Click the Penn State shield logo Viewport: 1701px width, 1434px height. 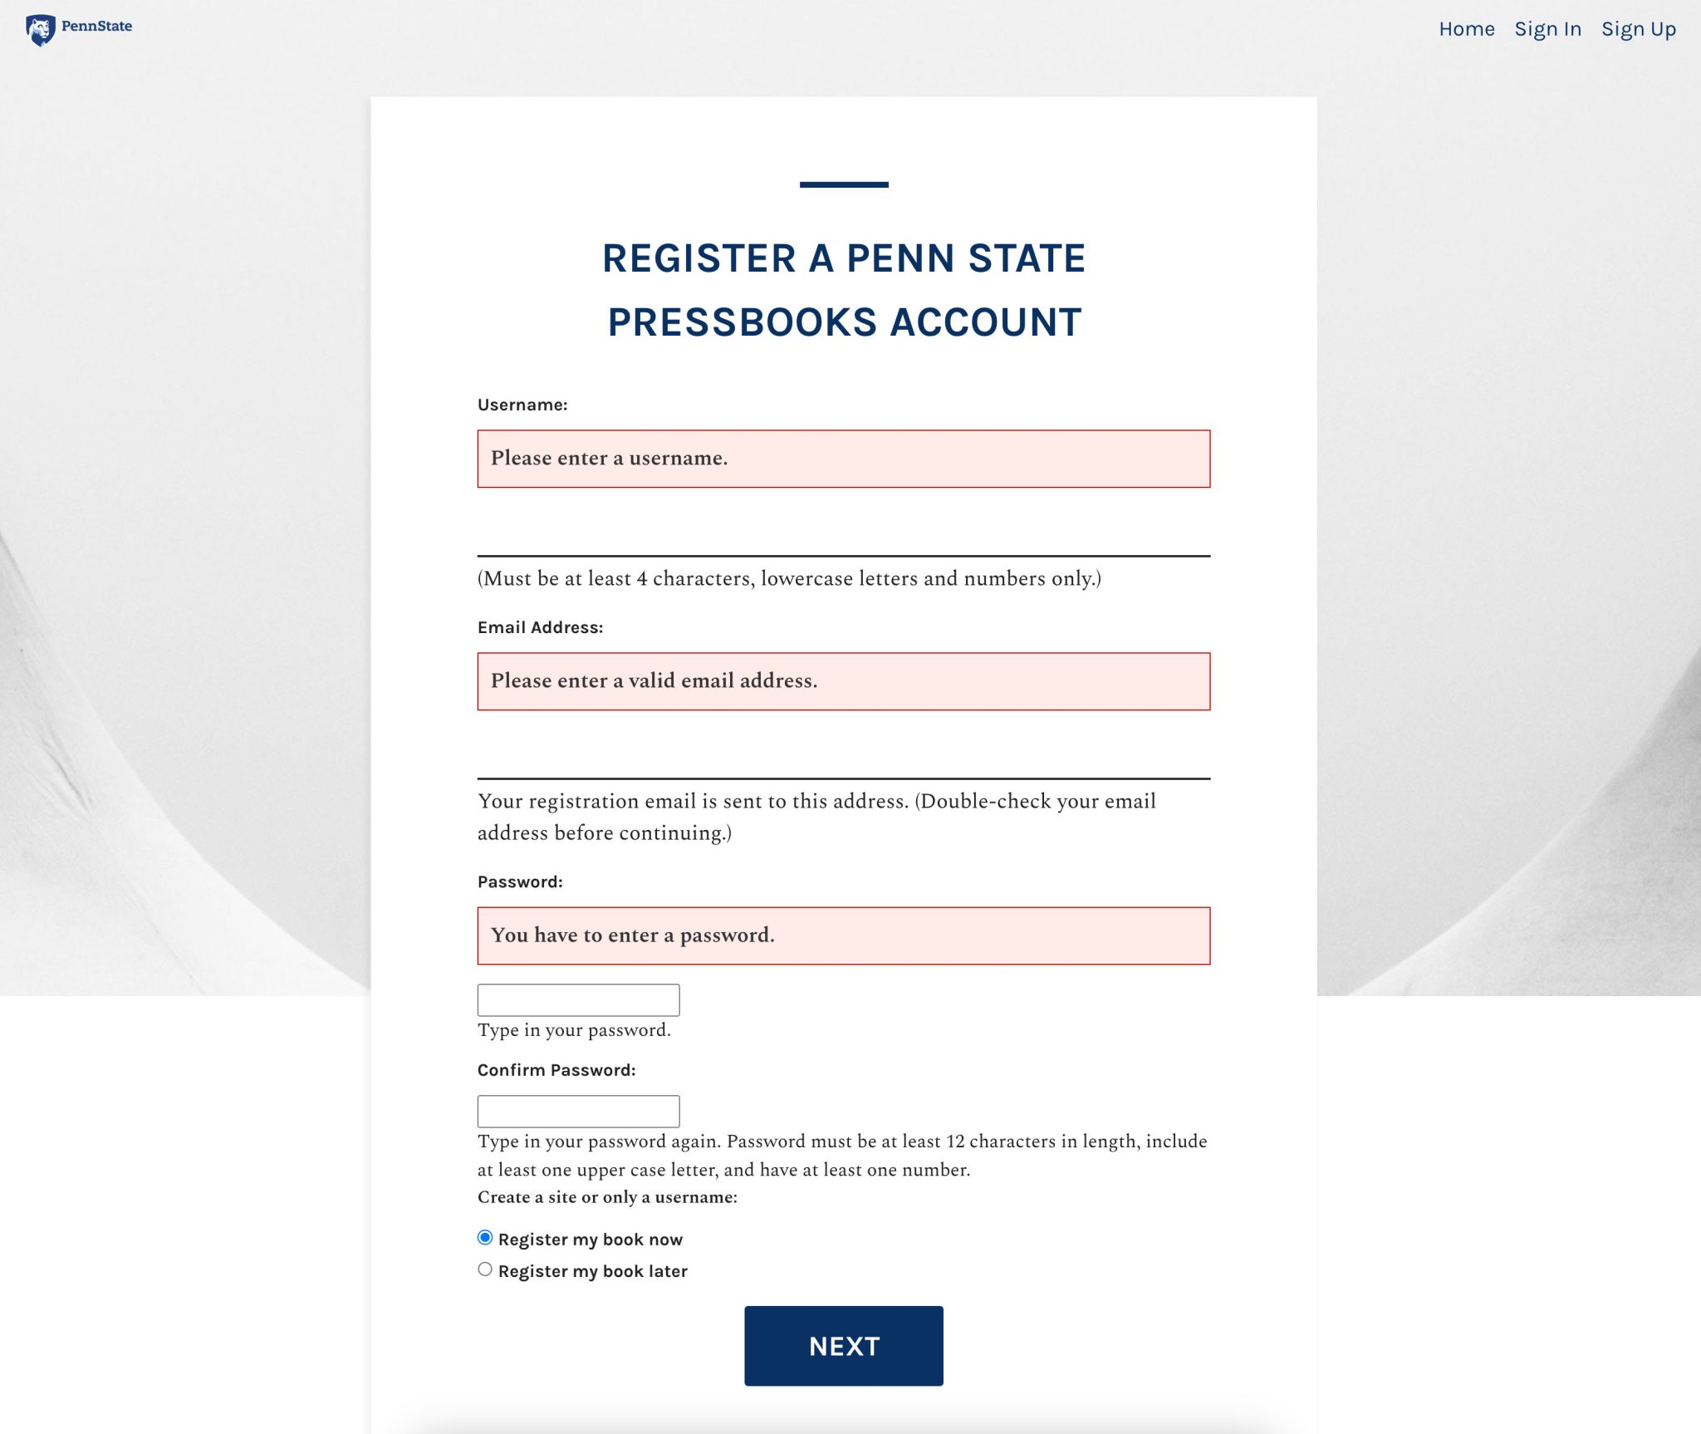pyautogui.click(x=40, y=30)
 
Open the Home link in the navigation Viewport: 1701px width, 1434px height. pyautogui.click(x=1466, y=29)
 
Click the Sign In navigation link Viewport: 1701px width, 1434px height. pyautogui.click(x=1547, y=29)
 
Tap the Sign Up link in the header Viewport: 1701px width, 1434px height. pyautogui.click(x=1638, y=29)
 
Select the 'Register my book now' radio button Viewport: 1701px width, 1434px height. pyautogui.click(x=485, y=1238)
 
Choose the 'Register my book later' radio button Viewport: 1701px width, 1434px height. pyautogui.click(x=485, y=1269)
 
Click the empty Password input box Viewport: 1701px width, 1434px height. pyautogui.click(x=578, y=999)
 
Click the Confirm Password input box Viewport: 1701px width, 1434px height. pyautogui.click(x=578, y=1111)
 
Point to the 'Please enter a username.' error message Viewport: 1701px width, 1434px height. pyautogui.click(x=609, y=458)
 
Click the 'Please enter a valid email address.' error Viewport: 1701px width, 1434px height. pyautogui.click(x=654, y=680)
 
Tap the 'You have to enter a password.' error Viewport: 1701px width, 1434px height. pyautogui.click(x=632, y=935)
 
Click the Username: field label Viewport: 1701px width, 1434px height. pyautogui.click(x=522, y=405)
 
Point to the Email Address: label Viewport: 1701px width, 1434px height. pyautogui.click(x=540, y=627)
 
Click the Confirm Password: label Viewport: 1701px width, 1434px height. pyautogui.click(x=556, y=1070)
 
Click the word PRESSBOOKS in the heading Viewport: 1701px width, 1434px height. pyautogui.click(x=742, y=322)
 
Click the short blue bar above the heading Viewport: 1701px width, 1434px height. pyautogui.click(x=844, y=184)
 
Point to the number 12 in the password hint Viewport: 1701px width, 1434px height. pyautogui.click(x=955, y=1142)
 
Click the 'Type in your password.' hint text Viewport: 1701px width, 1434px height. pyautogui.click(x=574, y=1030)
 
